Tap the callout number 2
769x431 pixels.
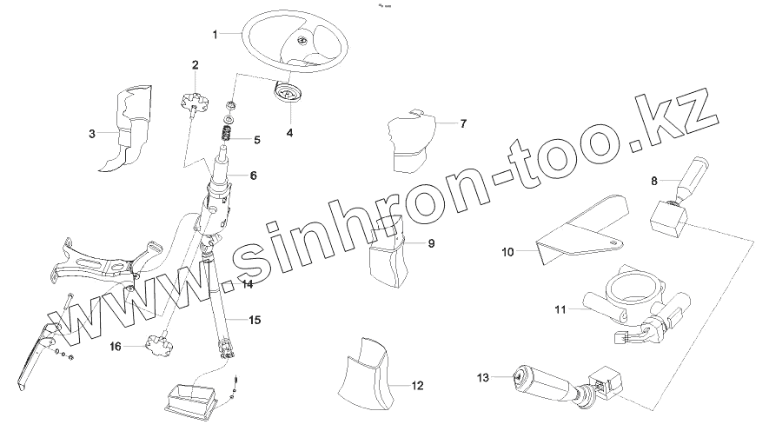(195, 64)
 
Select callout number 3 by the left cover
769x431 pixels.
(91, 134)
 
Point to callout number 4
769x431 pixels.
(289, 133)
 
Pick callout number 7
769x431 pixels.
(463, 123)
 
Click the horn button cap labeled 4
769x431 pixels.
(287, 94)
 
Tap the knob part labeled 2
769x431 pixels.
(195, 103)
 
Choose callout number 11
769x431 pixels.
(560, 308)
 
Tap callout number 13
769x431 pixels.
(483, 377)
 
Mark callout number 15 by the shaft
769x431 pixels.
(254, 320)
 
